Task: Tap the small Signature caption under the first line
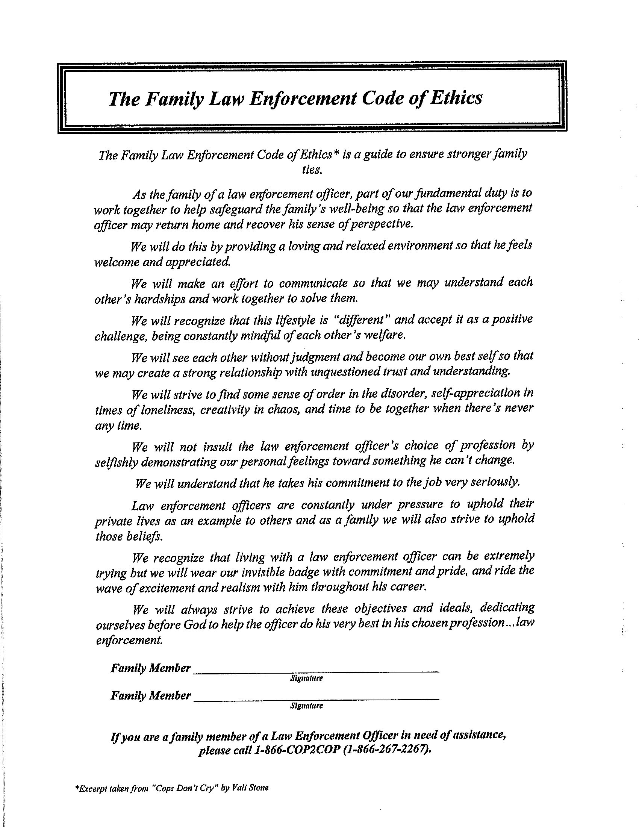pyautogui.click(x=306, y=678)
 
